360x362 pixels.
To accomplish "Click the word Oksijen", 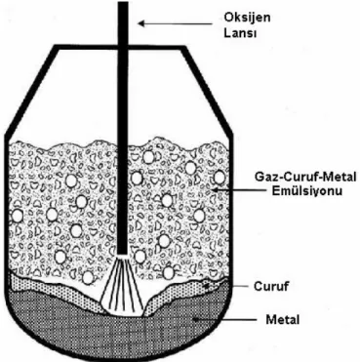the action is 247,18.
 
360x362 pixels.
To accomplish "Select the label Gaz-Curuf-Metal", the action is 305,178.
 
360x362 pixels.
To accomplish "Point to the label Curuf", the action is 271,286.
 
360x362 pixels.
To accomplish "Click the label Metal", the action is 282,319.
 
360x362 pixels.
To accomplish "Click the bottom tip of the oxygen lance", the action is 122,255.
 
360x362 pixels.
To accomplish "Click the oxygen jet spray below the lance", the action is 123,286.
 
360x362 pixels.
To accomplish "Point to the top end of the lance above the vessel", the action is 123,3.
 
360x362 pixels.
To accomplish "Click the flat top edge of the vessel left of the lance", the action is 86,48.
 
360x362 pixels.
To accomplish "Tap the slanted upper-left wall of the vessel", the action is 31,91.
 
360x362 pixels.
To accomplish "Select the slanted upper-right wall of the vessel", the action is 207,91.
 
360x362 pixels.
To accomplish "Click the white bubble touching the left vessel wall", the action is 17,216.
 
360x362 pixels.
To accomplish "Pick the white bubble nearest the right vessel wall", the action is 220,178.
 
